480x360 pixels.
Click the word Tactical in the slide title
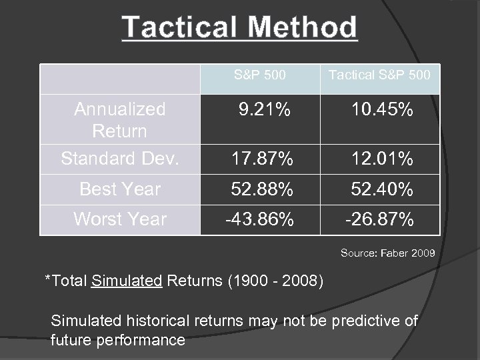178,28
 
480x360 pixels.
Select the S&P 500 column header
260,75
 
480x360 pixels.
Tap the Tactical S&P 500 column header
379,75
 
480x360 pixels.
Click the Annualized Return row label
120,119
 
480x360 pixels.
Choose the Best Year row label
120,189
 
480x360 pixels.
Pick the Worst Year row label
120,219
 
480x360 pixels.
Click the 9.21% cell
265,109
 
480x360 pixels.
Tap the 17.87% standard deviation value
261,159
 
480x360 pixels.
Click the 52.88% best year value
261,190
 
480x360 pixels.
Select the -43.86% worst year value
260,219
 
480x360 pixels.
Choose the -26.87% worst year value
380,219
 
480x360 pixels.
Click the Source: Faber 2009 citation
387,253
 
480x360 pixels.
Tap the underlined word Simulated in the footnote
127,280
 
